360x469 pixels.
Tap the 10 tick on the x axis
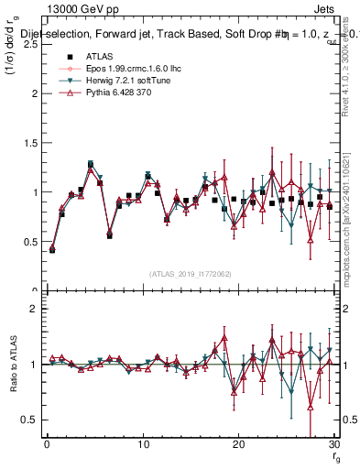pyautogui.click(x=142, y=444)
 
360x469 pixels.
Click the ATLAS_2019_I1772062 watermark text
pyautogui.click(x=189, y=273)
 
